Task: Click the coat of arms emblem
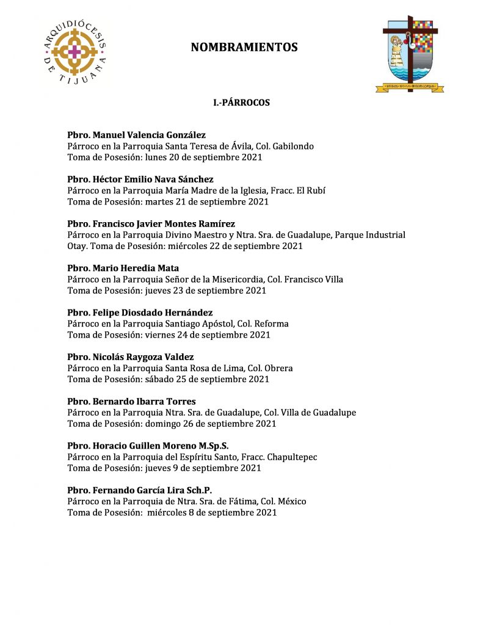[410, 54]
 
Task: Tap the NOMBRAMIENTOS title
[244, 47]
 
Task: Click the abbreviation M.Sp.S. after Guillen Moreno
[211, 446]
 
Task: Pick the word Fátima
[244, 502]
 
